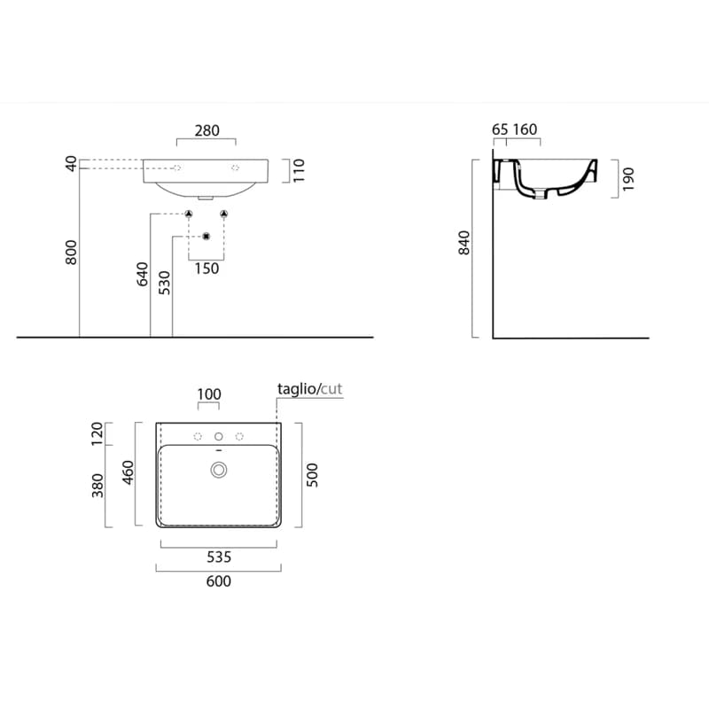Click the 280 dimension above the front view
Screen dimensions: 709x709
tap(207, 130)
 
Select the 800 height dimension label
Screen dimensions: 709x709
tap(72, 253)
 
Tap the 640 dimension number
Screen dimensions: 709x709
tap(142, 274)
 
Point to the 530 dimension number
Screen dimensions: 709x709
tap(165, 283)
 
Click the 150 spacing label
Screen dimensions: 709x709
tap(206, 269)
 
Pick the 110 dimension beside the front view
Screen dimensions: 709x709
tap(299, 170)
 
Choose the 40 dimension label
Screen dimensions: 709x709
tap(72, 163)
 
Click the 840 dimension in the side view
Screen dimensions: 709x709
tap(464, 243)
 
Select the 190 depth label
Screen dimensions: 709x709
tap(628, 179)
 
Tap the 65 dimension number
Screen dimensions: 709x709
tap(500, 129)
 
